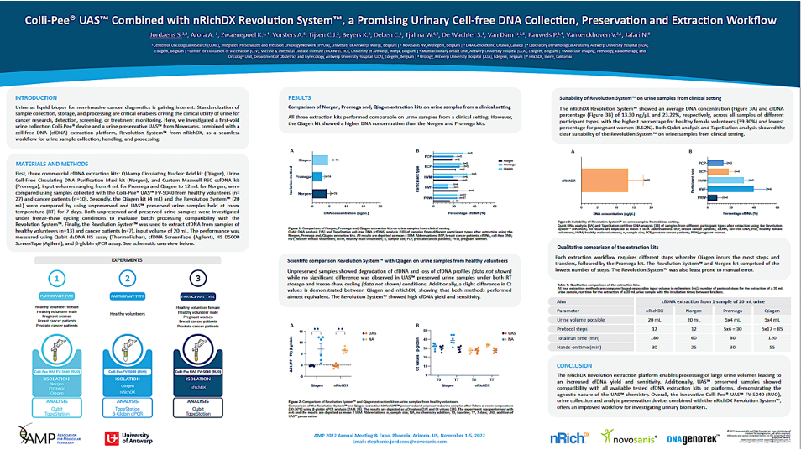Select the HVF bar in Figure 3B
(727, 189)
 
